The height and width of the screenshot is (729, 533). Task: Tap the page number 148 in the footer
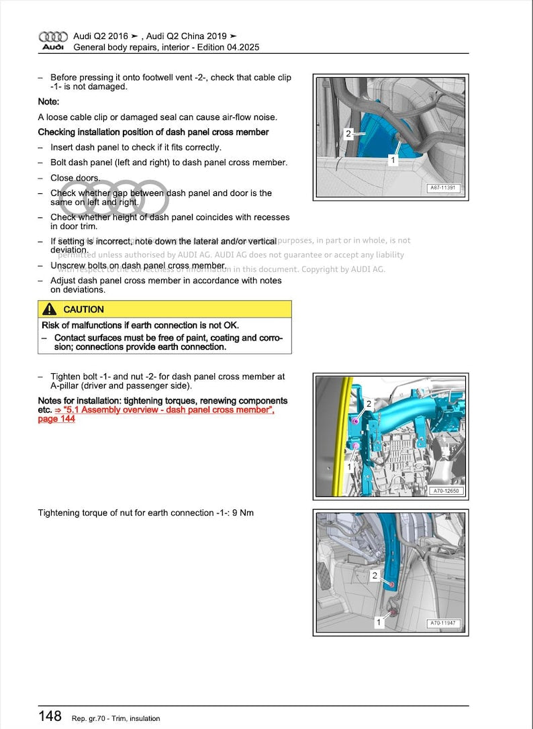tap(50, 717)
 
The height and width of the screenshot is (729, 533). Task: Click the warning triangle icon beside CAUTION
tap(50, 309)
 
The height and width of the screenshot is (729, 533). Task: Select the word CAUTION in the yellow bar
tap(83, 309)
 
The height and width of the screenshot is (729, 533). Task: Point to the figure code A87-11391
tap(444, 189)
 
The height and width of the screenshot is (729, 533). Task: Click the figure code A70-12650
tap(444, 491)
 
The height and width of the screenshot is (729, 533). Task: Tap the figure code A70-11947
tap(444, 624)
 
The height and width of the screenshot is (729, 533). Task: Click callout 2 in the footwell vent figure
tap(348, 134)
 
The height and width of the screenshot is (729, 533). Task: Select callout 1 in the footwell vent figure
tap(393, 160)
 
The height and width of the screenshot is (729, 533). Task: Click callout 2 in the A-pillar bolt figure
tap(369, 403)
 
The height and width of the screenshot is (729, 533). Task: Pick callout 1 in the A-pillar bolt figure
tap(350, 466)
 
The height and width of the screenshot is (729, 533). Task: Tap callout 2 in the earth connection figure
tap(375, 575)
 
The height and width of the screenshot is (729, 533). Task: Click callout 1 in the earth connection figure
tap(379, 622)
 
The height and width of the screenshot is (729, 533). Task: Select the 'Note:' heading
tap(48, 101)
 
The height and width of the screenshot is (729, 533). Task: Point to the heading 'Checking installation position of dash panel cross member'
tap(153, 132)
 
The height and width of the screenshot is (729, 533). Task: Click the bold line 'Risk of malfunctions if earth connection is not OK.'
tap(140, 326)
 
